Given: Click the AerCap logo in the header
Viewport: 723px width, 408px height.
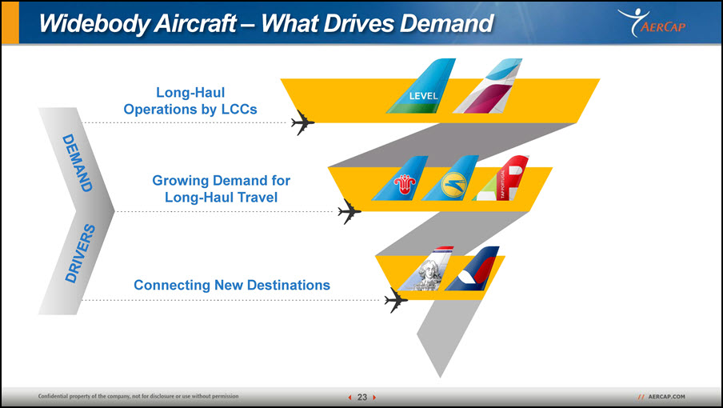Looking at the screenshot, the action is (652, 22).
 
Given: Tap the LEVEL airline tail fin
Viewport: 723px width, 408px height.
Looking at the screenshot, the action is (421, 86).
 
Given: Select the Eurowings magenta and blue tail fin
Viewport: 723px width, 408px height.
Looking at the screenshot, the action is (488, 86).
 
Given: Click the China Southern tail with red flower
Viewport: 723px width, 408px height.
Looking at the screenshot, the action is (400, 178).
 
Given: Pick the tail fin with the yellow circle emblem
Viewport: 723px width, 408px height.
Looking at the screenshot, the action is (450, 178).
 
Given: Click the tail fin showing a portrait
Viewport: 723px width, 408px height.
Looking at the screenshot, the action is (425, 269).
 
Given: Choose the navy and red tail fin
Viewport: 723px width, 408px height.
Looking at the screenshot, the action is (472, 269).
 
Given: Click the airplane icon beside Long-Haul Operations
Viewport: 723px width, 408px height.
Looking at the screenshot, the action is (302, 122).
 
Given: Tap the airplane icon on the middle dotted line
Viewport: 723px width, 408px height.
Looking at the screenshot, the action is (349, 212).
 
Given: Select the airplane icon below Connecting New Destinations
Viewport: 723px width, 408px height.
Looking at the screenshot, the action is (396, 300).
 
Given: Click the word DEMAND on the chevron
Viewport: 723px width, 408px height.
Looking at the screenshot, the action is (77, 162).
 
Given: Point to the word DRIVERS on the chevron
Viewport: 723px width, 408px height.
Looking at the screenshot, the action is (80, 253).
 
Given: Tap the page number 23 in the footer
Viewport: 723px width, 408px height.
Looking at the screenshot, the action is (362, 397).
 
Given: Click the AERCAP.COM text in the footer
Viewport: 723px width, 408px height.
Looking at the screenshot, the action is (666, 397).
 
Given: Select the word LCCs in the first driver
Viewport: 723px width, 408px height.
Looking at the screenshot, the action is (238, 110).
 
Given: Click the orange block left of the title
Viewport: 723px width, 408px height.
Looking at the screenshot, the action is (10, 22).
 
